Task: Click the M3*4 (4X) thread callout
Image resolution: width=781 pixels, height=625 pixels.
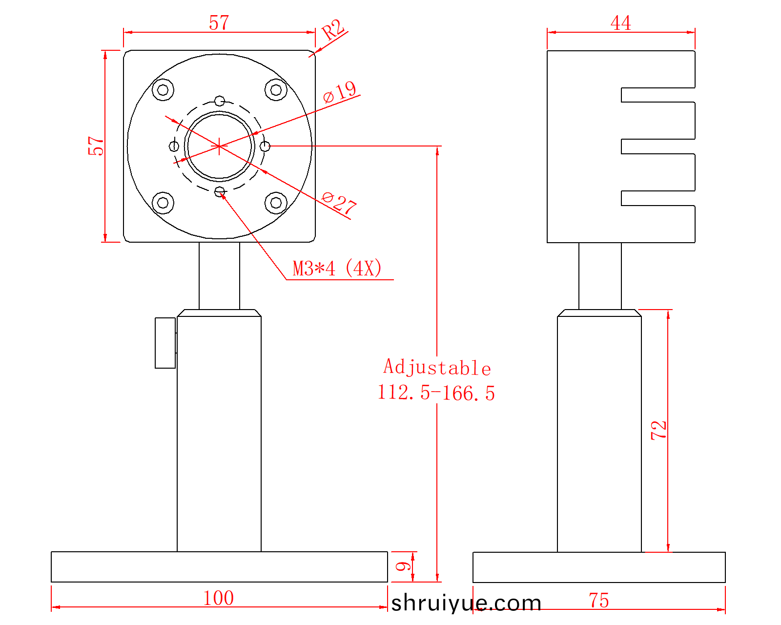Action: pyautogui.click(x=337, y=269)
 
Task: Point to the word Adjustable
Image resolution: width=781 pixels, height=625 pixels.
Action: pyautogui.click(x=437, y=368)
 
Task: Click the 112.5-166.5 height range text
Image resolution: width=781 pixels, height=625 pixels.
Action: pyautogui.click(x=436, y=393)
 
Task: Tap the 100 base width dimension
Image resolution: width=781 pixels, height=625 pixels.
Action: pyautogui.click(x=219, y=598)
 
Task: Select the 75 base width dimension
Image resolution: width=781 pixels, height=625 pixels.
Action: pyautogui.click(x=599, y=600)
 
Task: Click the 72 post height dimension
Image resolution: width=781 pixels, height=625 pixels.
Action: pyautogui.click(x=658, y=431)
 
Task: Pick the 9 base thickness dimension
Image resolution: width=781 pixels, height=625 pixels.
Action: pyautogui.click(x=403, y=566)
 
